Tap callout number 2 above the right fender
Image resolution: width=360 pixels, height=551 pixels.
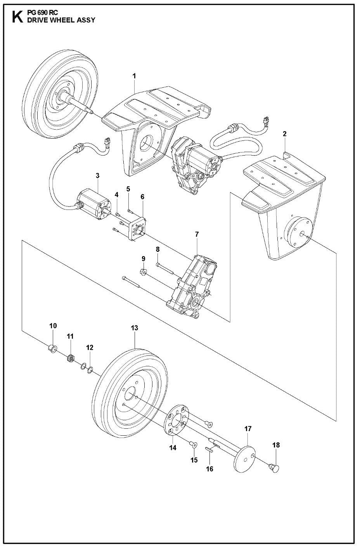click(285, 134)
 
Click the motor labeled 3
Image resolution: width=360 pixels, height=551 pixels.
click(93, 204)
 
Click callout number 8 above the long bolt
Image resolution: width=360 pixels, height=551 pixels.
click(158, 250)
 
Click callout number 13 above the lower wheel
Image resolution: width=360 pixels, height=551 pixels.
click(134, 328)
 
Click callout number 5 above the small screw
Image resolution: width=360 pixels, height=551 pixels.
click(128, 189)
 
